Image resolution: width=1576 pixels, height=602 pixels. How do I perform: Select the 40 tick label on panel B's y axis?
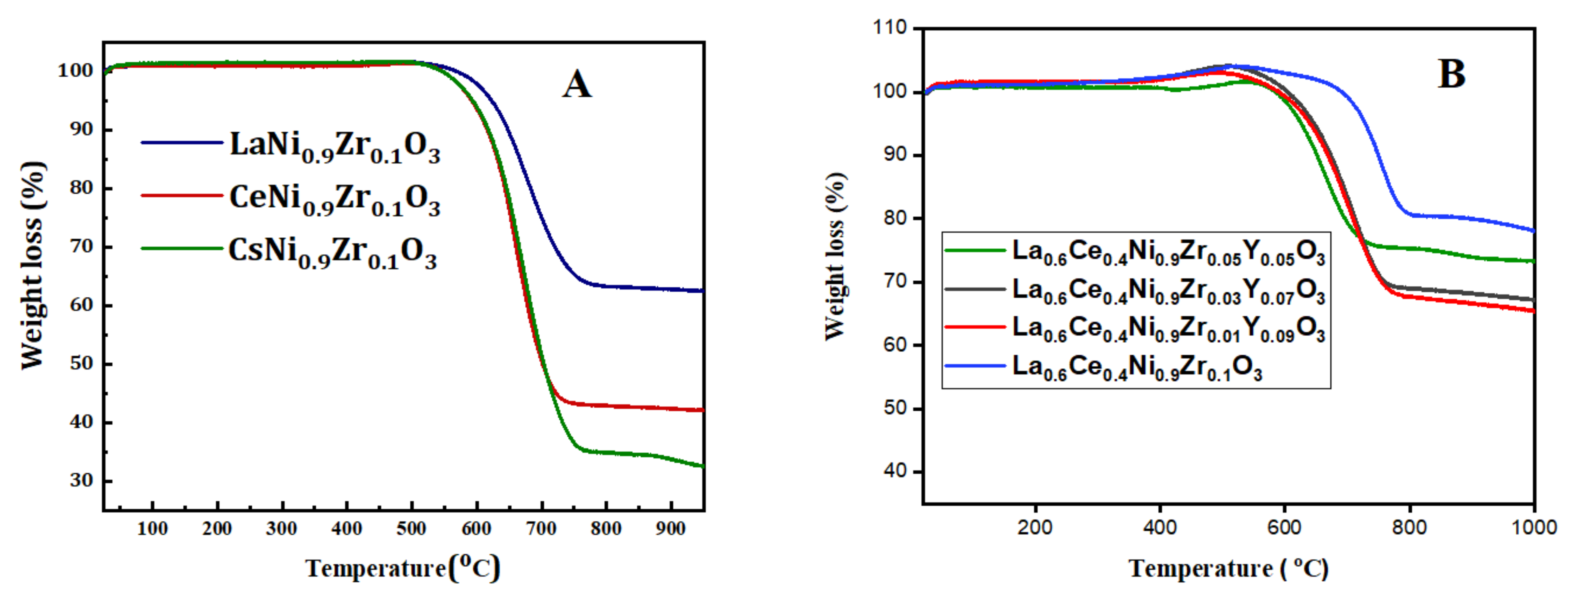[x=895, y=471]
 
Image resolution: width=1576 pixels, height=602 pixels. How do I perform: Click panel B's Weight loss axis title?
[x=835, y=257]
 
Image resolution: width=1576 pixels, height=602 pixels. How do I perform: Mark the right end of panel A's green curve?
[x=703, y=466]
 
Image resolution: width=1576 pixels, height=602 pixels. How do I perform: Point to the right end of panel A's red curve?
[x=703, y=410]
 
